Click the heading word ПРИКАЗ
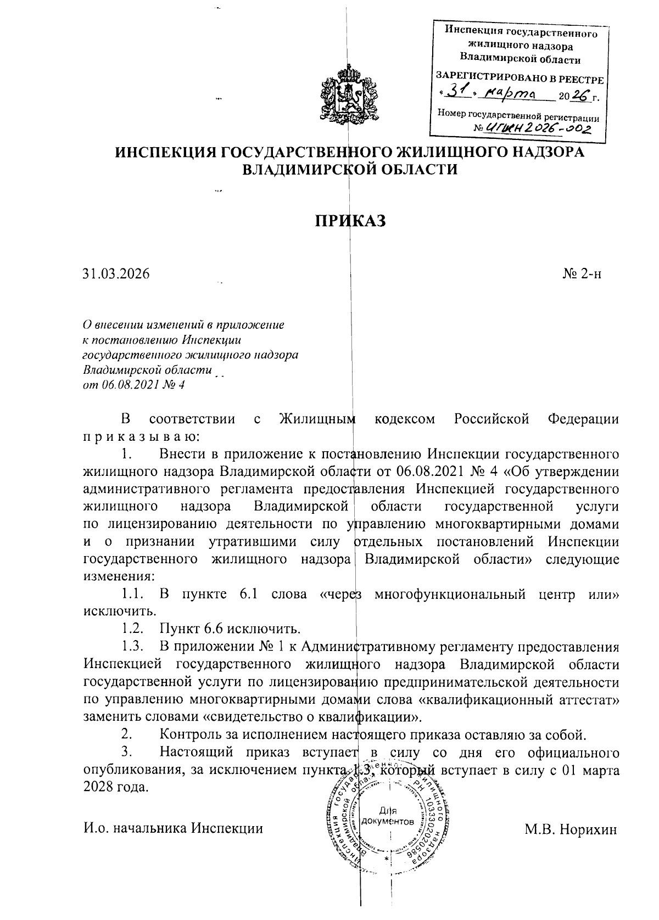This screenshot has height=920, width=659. point(350,221)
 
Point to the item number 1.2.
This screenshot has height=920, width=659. point(132,628)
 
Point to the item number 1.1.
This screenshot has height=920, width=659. point(132,594)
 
